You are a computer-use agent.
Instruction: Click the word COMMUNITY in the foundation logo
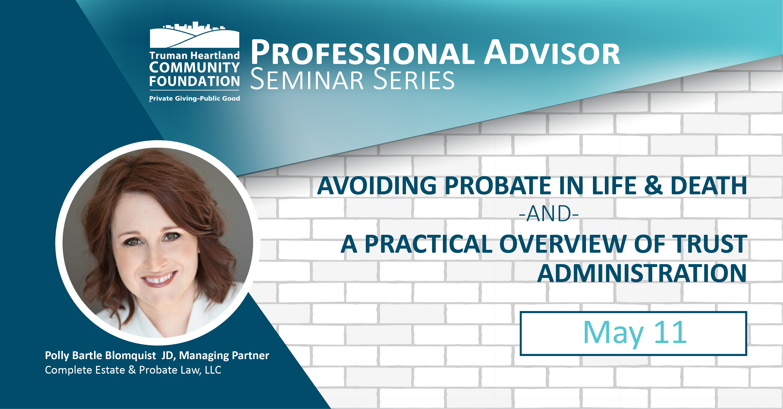click(194, 67)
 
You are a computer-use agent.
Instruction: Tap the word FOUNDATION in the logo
click(194, 81)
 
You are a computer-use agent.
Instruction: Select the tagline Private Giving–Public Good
click(194, 98)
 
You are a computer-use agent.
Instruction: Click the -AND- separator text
click(549, 214)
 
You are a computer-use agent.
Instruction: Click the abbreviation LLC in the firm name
click(213, 370)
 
